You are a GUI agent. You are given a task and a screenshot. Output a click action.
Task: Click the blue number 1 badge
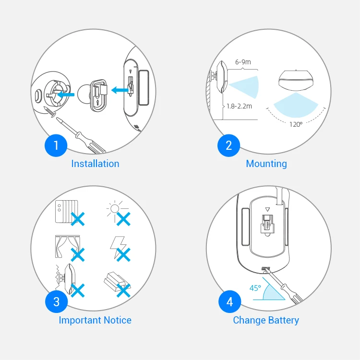(56, 145)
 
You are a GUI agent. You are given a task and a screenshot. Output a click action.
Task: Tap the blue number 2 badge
(228, 145)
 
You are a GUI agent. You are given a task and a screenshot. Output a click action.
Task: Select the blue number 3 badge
(57, 301)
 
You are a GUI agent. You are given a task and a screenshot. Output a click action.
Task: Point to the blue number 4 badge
(230, 301)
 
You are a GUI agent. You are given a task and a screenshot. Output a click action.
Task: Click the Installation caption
(96, 164)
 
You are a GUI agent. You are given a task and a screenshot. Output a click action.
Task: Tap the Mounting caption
(266, 164)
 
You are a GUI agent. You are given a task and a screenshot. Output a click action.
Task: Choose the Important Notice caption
(95, 320)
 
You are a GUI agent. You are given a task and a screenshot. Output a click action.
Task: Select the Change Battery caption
(266, 320)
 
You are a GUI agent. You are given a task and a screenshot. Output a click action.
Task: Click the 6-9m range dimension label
(243, 62)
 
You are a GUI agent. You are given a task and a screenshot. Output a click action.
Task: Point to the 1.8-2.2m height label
(239, 106)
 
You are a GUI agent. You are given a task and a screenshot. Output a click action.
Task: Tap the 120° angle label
(296, 124)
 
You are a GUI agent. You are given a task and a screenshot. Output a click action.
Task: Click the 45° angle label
(255, 288)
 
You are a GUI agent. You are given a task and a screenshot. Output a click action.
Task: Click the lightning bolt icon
(118, 247)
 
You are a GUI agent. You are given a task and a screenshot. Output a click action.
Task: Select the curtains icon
(68, 246)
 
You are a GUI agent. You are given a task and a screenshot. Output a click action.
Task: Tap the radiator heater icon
(67, 212)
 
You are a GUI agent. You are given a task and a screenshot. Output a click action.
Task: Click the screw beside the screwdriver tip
(50, 112)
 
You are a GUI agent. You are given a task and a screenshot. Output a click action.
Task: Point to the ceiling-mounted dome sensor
(296, 79)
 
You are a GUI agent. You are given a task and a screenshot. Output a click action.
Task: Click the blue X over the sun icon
(123, 219)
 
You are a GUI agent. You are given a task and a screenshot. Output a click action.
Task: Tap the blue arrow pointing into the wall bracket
(66, 95)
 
